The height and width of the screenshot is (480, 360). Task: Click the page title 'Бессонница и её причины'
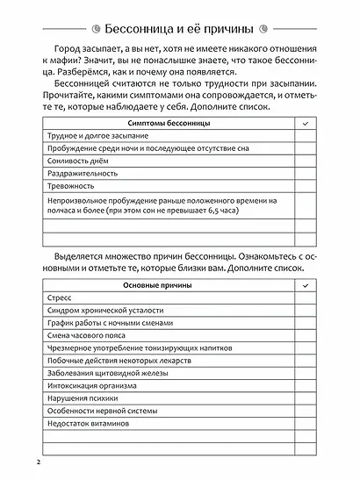point(179,19)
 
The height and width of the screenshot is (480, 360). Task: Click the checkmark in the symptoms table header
point(305,125)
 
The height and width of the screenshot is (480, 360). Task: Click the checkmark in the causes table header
point(305,285)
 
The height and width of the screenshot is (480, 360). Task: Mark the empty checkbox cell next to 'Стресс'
point(305,298)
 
